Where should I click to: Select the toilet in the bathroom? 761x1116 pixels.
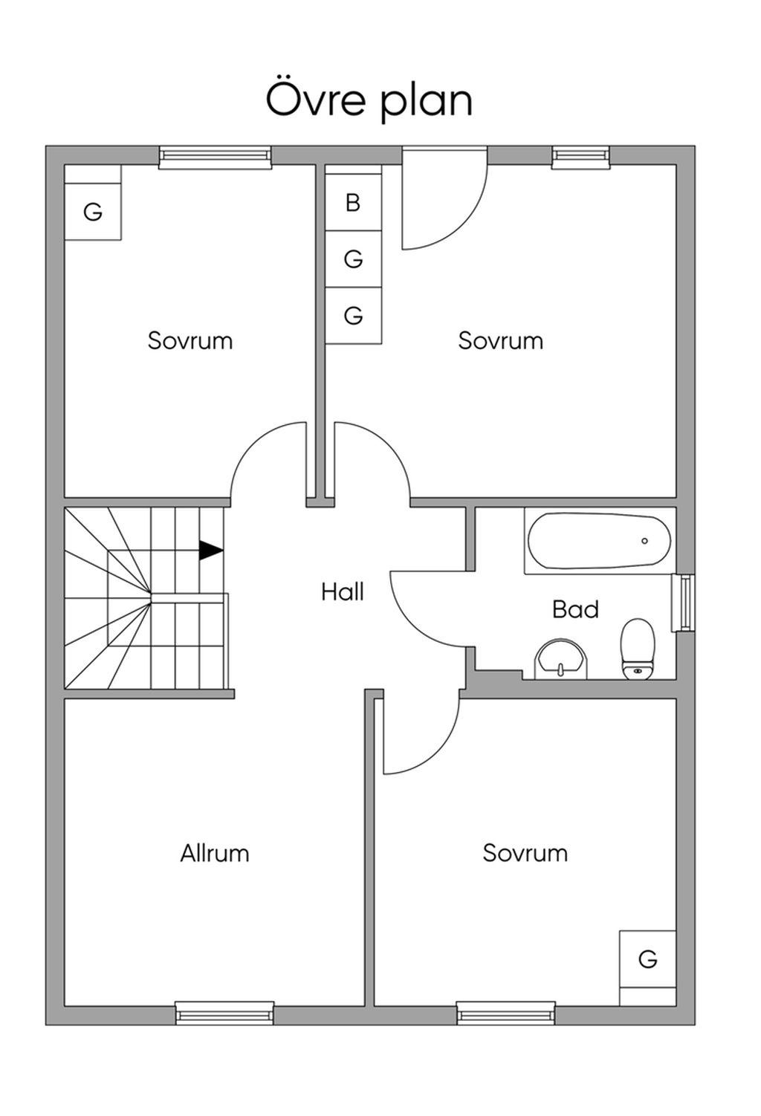point(638,649)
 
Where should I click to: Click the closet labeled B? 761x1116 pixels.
point(353,202)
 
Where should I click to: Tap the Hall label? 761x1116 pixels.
point(343,592)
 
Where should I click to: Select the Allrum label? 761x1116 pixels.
point(215,853)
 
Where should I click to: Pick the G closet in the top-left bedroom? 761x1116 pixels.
point(93,212)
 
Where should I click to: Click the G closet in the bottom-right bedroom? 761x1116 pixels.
point(648,958)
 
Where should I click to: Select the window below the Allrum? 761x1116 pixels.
point(224,1013)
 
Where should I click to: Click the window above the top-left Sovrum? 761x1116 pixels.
point(216,158)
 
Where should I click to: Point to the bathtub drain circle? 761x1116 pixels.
point(644,541)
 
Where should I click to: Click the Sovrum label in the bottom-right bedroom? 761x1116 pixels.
point(525,853)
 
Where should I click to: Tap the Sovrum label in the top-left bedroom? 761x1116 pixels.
point(190,341)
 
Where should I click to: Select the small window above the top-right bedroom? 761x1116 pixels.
point(581,158)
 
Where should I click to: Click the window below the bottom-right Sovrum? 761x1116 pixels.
point(506,1013)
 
